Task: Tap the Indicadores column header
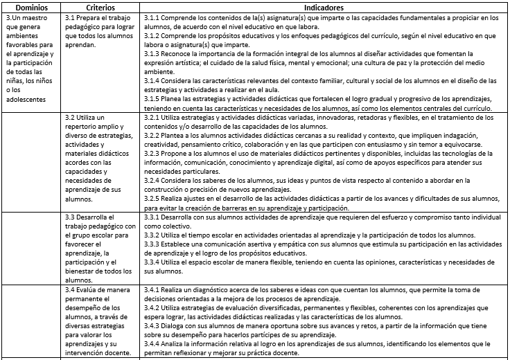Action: pos(323,6)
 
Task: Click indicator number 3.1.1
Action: pos(153,16)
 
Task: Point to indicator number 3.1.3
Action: pos(153,53)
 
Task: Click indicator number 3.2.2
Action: pos(153,137)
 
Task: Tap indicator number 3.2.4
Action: pos(153,180)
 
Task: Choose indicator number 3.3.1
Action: pos(153,217)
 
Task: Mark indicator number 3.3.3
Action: pos(153,244)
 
